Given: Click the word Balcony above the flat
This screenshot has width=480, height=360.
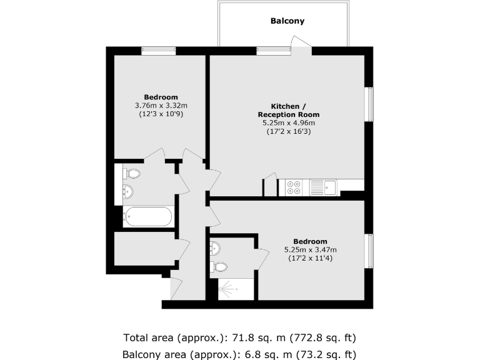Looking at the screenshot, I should pyautogui.click(x=287, y=21).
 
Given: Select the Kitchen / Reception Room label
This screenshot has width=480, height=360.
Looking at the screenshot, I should pyautogui.click(x=288, y=110).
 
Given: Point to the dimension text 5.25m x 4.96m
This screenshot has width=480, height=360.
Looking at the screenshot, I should pyautogui.click(x=288, y=124).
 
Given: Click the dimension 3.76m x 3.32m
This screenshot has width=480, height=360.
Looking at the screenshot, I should pyautogui.click(x=161, y=106).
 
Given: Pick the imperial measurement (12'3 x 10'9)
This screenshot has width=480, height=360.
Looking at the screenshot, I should pyautogui.click(x=161, y=114).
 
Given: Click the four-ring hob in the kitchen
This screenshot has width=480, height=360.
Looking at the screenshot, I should pyautogui.click(x=294, y=187).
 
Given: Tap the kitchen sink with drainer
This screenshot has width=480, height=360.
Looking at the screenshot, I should pyautogui.click(x=323, y=187).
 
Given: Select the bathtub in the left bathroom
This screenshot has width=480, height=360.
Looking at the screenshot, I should pyautogui.click(x=148, y=217).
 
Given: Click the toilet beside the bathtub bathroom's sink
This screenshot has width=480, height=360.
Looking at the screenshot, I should pyautogui.click(x=132, y=173).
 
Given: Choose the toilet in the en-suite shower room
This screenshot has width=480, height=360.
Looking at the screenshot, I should pyautogui.click(x=219, y=267).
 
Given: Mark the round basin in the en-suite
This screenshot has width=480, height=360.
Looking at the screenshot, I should pyautogui.click(x=215, y=249).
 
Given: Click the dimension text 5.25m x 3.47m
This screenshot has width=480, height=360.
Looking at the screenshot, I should pyautogui.click(x=310, y=250).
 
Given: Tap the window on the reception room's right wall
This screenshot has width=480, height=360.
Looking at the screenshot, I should pyautogui.click(x=369, y=103).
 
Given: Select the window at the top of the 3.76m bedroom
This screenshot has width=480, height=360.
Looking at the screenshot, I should pyautogui.click(x=158, y=51).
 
